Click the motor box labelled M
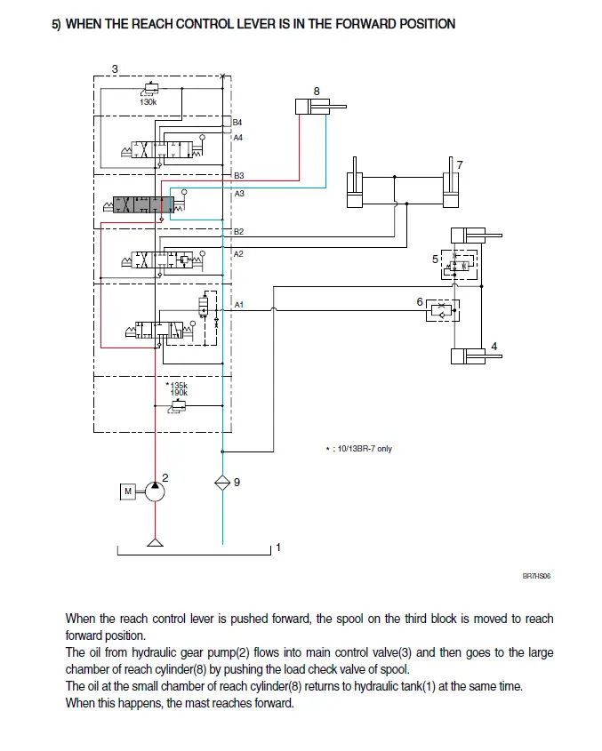127,491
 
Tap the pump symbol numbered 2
156,491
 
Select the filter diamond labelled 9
221,483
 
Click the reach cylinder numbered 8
317,107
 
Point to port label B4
237,122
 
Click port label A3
238,193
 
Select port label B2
238,232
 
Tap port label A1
238,305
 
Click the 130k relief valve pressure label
148,102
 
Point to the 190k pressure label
179,393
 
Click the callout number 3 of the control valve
115,68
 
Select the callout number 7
459,164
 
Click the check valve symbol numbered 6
442,309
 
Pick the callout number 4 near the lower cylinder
494,347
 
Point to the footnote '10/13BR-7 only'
362,449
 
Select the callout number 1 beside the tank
278,547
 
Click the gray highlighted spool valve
143,205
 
